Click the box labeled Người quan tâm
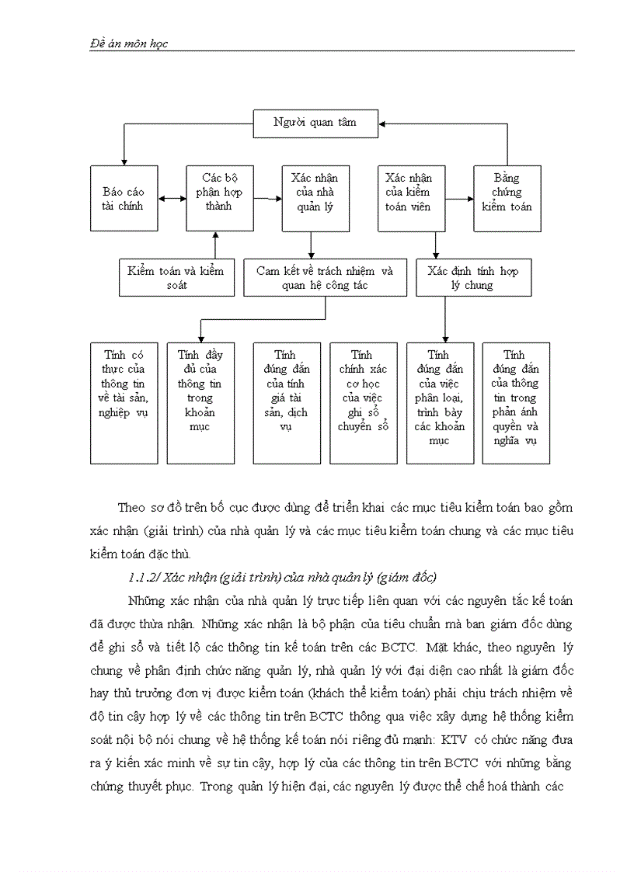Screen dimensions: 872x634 (315, 122)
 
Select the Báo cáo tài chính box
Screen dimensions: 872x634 (124, 198)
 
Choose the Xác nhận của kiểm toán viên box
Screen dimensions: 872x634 (410, 198)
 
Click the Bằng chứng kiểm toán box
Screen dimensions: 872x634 (507, 198)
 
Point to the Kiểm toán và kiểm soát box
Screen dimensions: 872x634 (176, 277)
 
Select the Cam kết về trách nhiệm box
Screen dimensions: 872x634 (325, 277)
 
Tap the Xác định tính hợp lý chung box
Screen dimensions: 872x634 (473, 277)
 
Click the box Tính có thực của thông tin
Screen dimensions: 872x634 (124, 403)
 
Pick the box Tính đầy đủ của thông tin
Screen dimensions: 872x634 (200, 403)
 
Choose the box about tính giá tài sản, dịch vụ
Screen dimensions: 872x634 (286, 403)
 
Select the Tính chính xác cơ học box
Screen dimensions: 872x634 (363, 403)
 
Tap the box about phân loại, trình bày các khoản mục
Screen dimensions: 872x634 (440, 403)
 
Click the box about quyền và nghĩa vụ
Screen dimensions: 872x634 (515, 403)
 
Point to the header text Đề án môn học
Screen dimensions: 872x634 (124, 43)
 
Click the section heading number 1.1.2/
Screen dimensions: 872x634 (143, 577)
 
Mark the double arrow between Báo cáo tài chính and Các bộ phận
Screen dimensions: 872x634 (172, 198)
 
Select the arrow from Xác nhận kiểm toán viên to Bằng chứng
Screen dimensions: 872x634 (458, 198)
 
